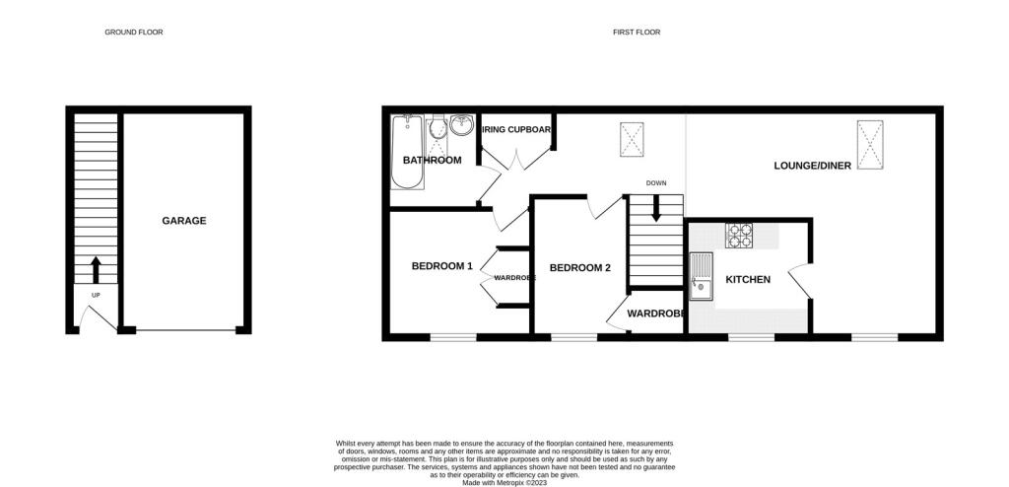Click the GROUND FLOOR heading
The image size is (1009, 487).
click(x=134, y=33)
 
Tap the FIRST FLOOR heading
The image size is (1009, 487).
click(x=637, y=33)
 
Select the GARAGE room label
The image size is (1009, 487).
click(x=184, y=221)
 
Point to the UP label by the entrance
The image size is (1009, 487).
click(x=96, y=295)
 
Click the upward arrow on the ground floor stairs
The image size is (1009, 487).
click(x=96, y=267)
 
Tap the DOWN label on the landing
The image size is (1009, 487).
click(x=656, y=182)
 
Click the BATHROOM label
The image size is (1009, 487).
click(x=432, y=160)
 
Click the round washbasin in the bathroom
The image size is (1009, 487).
click(x=461, y=127)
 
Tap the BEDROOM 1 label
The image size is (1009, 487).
click(x=442, y=265)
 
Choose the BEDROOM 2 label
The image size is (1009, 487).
click(x=580, y=268)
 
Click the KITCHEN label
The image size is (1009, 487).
click(x=748, y=280)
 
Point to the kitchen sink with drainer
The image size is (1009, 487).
click(x=703, y=276)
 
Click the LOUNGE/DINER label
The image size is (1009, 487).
click(x=814, y=167)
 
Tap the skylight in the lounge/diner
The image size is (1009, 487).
click(x=870, y=143)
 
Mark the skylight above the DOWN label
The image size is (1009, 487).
click(x=631, y=139)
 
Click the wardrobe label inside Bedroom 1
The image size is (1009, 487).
click(x=514, y=278)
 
